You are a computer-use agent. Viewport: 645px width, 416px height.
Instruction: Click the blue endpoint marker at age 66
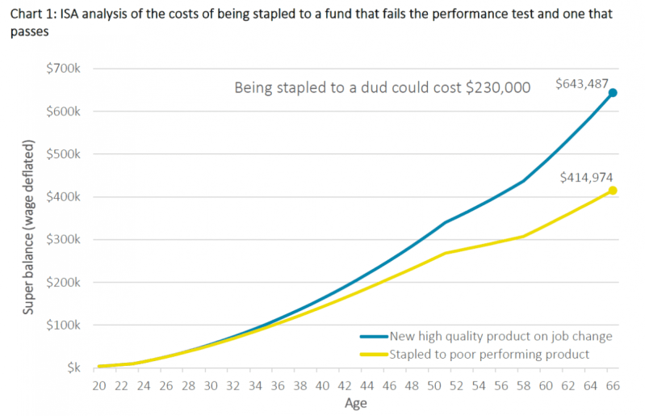coord(612,93)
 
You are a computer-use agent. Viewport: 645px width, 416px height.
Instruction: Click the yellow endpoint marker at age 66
coord(612,191)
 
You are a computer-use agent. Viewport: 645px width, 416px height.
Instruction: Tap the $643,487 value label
coord(581,84)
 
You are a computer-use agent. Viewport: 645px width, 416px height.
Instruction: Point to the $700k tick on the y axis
coord(62,69)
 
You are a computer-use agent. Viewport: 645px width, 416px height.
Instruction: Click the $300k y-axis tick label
coord(62,240)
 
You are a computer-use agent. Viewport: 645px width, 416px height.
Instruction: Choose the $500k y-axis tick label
coord(62,154)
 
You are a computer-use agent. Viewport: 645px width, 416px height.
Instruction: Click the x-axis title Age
coord(355,403)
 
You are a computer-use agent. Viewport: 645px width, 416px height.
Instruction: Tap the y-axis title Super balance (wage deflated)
coord(29,226)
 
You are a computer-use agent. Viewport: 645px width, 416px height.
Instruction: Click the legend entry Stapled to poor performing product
coord(489,354)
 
